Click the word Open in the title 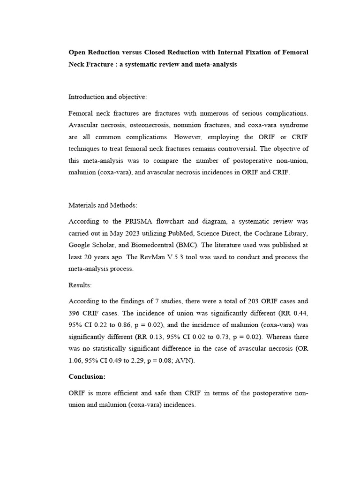(x=77, y=52)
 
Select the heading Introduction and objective (x=108, y=97)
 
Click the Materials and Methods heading (x=103, y=205)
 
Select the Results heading (x=80, y=285)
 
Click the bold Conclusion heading (x=87, y=376)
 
